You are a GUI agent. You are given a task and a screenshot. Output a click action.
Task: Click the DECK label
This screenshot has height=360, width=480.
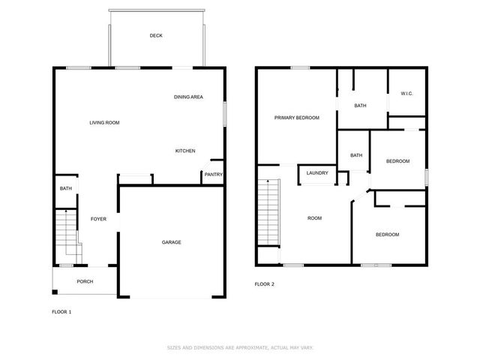pos(156,35)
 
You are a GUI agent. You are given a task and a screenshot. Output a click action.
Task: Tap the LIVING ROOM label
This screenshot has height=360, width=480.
pos(104,122)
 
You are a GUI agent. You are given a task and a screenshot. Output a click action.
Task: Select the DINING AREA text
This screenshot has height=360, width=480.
pos(188,97)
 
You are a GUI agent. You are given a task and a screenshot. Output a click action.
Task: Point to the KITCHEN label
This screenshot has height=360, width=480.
pos(185,151)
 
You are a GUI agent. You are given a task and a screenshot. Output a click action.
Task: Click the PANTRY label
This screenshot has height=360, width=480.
pos(213,175)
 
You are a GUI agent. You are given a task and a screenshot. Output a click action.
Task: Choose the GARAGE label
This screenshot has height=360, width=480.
pos(171,241)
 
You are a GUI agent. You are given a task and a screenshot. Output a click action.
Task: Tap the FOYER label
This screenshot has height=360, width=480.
pos(98,219)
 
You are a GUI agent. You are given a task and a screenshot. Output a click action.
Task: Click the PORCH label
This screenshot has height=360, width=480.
pos(85,281)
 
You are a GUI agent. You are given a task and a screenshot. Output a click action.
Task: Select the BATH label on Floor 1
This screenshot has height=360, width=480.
pos(66,188)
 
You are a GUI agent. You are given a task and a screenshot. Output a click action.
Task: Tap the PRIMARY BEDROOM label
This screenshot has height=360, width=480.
pos(296,118)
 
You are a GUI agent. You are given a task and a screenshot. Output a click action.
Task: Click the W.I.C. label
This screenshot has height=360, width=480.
pos(407,94)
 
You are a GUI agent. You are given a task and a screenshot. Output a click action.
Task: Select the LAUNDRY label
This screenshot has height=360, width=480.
pos(317,173)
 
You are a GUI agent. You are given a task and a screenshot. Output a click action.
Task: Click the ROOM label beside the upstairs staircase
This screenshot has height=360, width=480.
pos(314,218)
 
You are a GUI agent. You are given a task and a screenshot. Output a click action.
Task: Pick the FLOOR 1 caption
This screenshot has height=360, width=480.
pos(61,311)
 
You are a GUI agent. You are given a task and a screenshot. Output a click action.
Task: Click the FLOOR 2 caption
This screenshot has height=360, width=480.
pos(265,284)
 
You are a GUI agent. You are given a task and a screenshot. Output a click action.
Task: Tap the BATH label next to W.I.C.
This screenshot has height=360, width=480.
pos(360,106)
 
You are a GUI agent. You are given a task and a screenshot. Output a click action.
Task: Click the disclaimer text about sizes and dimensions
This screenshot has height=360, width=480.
pos(239,348)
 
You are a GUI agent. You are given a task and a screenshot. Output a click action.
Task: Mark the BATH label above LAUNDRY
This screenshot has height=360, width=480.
pos(355,155)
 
